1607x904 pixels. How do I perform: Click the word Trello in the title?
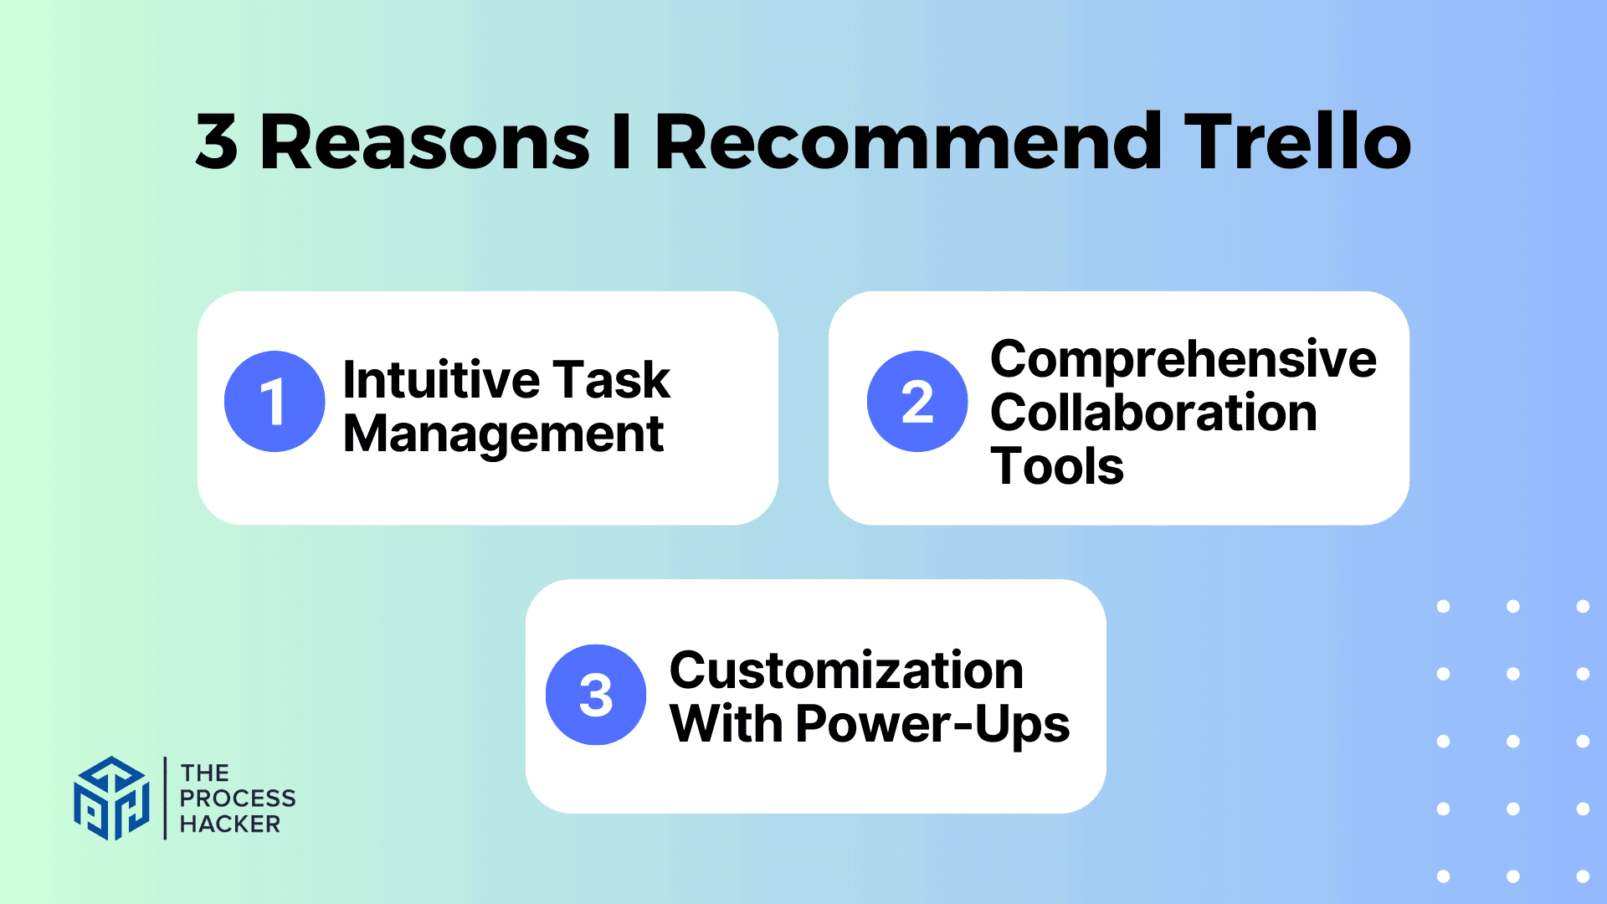[1297, 142]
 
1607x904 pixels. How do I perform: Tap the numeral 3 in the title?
[217, 142]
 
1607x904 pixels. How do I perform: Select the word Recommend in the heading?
[908, 142]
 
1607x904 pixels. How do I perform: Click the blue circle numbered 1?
[275, 402]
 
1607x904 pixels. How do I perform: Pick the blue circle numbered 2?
[917, 402]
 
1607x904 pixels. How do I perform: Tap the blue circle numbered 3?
[596, 695]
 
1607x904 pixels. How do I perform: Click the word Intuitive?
[441, 380]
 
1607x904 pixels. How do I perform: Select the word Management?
[503, 435]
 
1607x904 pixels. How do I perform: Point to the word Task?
[611, 380]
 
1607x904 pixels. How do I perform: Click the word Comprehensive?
[1183, 360]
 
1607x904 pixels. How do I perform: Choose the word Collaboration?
[1153, 413]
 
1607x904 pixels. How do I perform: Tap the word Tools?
[1056, 466]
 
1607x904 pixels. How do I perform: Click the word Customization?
[846, 670]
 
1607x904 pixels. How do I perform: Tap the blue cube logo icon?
[111, 798]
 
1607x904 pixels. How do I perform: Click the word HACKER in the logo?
[230, 824]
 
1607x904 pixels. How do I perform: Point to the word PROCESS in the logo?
[238, 799]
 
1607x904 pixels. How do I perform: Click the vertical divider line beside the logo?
[165, 798]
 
